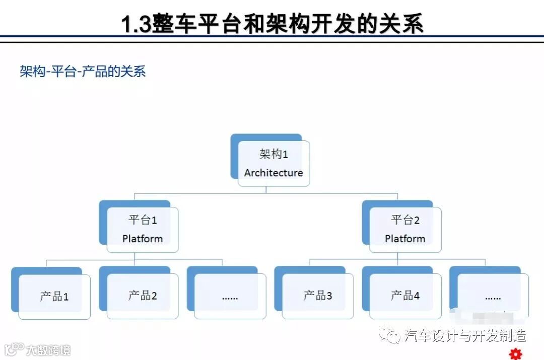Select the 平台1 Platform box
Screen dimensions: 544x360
point(143,229)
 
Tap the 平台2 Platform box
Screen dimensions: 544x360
point(405,229)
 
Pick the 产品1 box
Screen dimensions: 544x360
point(54,297)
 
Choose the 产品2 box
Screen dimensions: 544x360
point(143,296)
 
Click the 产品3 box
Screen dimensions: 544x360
point(317,296)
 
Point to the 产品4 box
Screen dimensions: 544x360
point(405,296)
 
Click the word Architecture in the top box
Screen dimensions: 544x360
point(274,173)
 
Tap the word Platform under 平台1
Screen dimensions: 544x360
point(143,239)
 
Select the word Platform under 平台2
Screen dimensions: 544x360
point(405,239)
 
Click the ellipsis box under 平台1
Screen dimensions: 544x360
point(230,297)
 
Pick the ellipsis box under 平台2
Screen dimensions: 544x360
point(493,297)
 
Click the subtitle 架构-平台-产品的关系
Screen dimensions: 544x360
point(83,71)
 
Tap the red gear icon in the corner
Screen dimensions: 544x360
point(514,353)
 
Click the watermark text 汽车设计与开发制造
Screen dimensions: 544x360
point(465,335)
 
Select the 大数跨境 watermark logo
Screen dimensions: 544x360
point(37,349)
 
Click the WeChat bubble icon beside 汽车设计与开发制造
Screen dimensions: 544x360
point(391,335)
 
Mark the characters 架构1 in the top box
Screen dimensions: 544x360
point(274,154)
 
